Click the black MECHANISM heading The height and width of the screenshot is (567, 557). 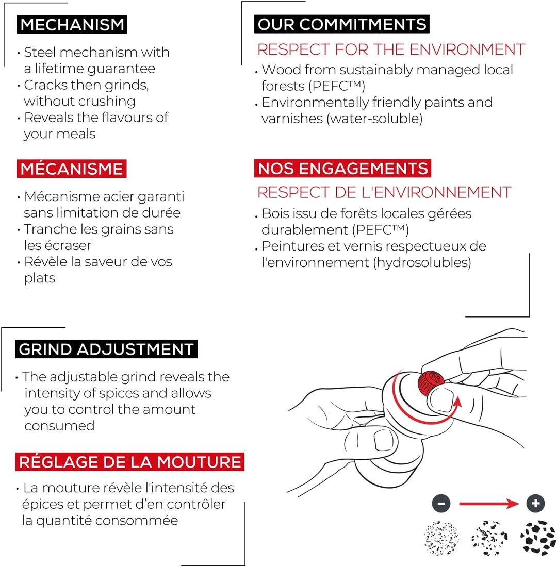coord(72,25)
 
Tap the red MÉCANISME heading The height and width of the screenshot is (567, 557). coord(72,169)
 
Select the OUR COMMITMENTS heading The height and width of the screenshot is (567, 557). coord(341,24)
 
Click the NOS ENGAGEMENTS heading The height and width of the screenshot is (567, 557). coord(342,169)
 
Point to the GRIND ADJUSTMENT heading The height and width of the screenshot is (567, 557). coord(106,349)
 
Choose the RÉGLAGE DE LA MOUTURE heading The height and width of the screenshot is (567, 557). coord(129,462)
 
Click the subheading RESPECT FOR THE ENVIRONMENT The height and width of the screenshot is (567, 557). coord(391,49)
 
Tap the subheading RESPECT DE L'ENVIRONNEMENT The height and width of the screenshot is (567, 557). coord(384,192)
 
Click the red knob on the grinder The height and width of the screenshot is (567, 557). coord(431,382)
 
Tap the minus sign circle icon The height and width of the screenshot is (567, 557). coord(441,504)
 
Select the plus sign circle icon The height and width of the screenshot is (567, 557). coord(536,504)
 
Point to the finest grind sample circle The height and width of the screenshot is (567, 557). coord(441,538)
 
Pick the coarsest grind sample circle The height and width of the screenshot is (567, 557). coord(538,538)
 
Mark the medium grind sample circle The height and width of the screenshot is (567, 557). coord(489,538)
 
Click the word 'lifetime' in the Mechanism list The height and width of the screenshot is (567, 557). coord(59,69)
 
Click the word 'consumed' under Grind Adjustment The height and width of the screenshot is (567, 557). coord(59,426)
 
